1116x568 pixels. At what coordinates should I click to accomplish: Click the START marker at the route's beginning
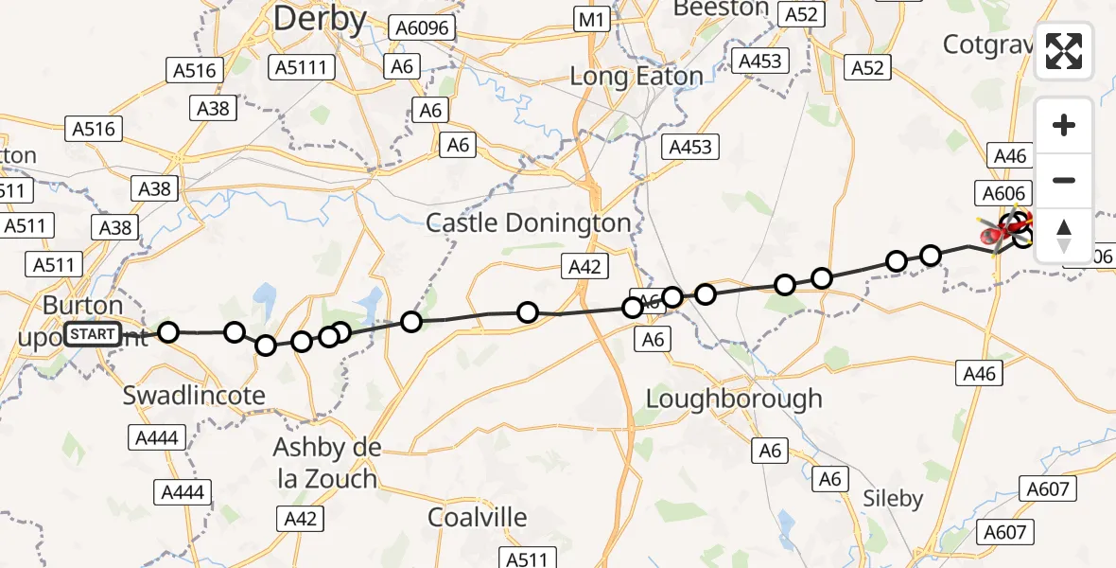tap(93, 334)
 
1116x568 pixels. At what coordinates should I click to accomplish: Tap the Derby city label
tap(319, 19)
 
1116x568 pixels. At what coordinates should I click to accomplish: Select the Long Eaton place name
tap(636, 76)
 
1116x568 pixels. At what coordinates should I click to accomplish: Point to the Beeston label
tap(720, 9)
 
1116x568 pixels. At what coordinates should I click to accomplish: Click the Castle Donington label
tap(529, 223)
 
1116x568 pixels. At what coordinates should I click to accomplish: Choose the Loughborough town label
tap(733, 399)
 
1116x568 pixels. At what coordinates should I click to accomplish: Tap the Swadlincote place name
tap(194, 396)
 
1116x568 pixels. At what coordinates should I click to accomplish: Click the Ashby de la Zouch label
tap(326, 462)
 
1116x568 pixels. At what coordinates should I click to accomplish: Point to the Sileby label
tap(893, 498)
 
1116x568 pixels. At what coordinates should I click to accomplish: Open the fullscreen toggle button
tap(1063, 51)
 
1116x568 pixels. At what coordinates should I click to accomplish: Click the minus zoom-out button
tap(1063, 180)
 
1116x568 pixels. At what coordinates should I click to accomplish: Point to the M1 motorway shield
tap(593, 18)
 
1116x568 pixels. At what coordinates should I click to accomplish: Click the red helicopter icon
tap(997, 231)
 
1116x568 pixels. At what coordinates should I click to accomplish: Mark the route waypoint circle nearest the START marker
tap(168, 331)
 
